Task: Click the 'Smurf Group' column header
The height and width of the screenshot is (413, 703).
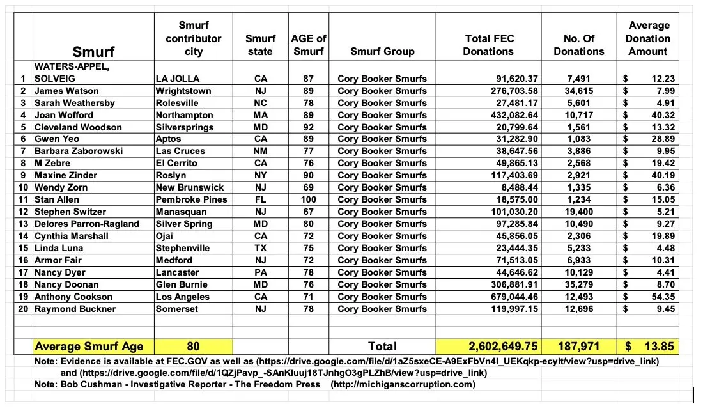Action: pyautogui.click(x=382, y=51)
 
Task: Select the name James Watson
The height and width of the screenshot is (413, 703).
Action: pyautogui.click(x=62, y=91)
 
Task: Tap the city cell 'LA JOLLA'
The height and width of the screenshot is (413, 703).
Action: pyautogui.click(x=178, y=79)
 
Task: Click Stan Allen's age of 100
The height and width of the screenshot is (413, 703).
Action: pyautogui.click(x=308, y=199)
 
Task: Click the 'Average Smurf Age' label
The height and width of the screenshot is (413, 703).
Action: pyautogui.click(x=89, y=347)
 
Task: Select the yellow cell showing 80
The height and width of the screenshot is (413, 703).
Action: pyautogui.click(x=193, y=347)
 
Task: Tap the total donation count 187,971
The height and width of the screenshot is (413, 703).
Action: pyautogui.click(x=578, y=347)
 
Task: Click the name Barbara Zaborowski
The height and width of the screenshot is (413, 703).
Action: pyautogui.click(x=79, y=151)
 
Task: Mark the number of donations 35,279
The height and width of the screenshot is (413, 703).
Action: pyautogui.click(x=578, y=284)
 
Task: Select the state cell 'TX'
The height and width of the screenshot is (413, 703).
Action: pyautogui.click(x=259, y=248)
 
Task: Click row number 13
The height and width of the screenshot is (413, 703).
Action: pyautogui.click(x=23, y=224)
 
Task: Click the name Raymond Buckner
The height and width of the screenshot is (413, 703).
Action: pyautogui.click(x=75, y=309)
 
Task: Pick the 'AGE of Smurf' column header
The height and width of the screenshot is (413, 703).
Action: pyautogui.click(x=308, y=45)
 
